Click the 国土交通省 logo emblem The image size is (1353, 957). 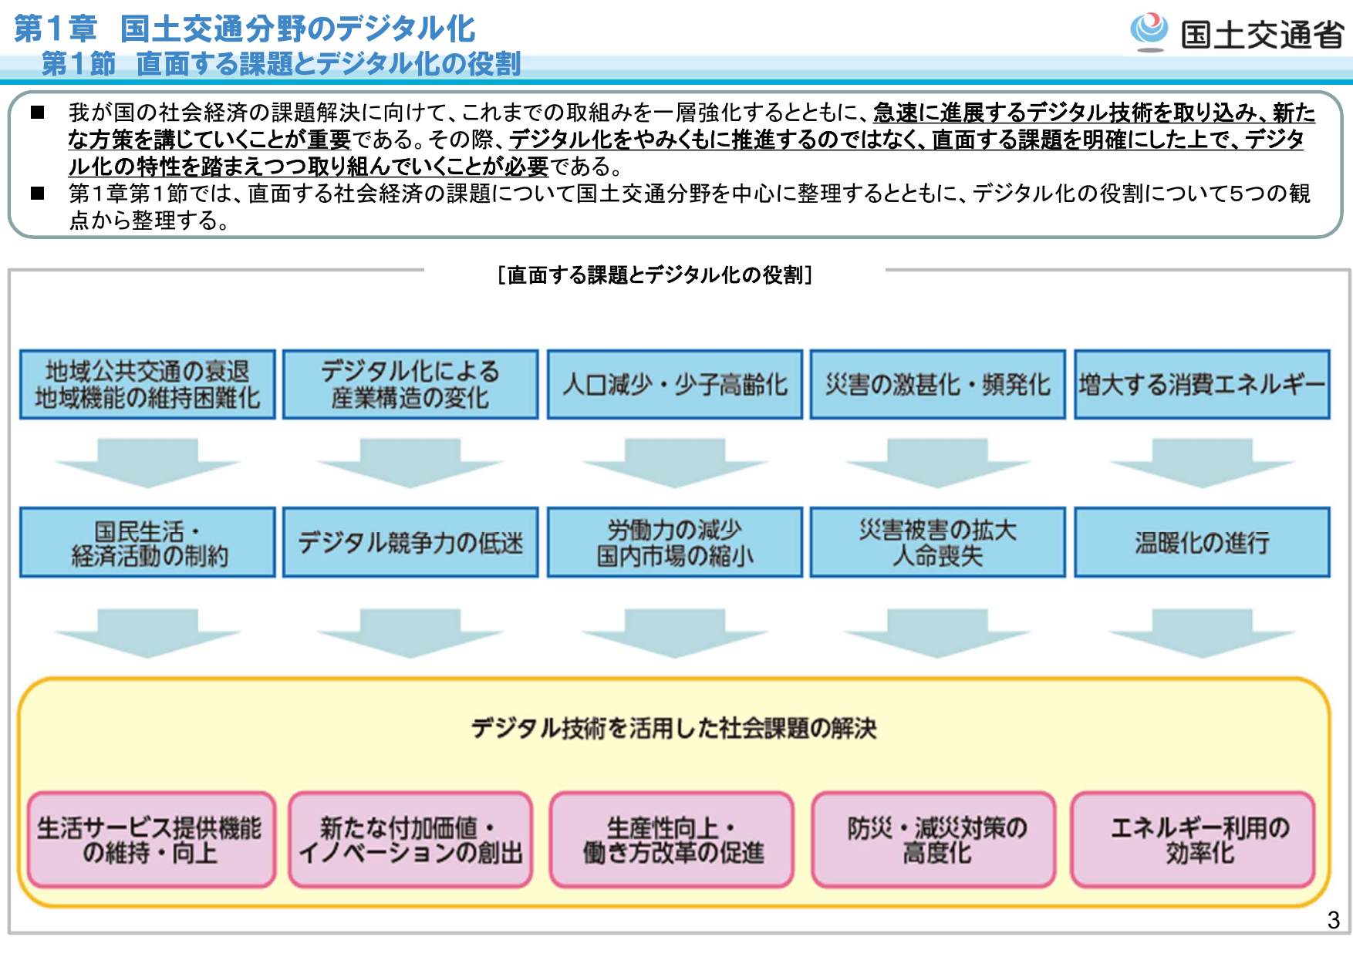click(x=1149, y=31)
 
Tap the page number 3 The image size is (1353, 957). click(x=1333, y=919)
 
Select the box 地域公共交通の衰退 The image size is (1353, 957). click(x=147, y=385)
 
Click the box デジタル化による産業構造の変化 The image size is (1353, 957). click(x=410, y=385)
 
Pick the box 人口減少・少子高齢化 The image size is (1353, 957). click(x=675, y=385)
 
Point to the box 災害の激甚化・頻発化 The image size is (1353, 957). click(x=938, y=385)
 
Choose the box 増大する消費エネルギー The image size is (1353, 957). click(x=1202, y=385)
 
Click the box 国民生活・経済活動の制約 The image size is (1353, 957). click(x=147, y=542)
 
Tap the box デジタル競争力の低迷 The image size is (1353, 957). click(x=410, y=542)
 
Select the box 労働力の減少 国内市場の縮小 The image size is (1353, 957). click(x=675, y=542)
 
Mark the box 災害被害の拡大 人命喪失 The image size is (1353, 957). click(x=938, y=542)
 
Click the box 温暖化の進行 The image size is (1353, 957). click(x=1202, y=542)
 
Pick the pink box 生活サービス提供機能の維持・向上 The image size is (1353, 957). click(x=151, y=840)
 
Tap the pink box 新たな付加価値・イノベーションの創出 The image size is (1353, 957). click(x=410, y=840)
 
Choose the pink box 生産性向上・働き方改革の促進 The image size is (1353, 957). click(x=672, y=840)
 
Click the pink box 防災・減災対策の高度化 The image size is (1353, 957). click(x=933, y=840)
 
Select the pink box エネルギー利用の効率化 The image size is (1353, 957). click(x=1193, y=840)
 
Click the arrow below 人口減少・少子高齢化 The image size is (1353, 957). click(x=675, y=462)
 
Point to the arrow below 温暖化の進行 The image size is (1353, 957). click(x=1202, y=632)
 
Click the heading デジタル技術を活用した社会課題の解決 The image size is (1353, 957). click(x=673, y=728)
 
